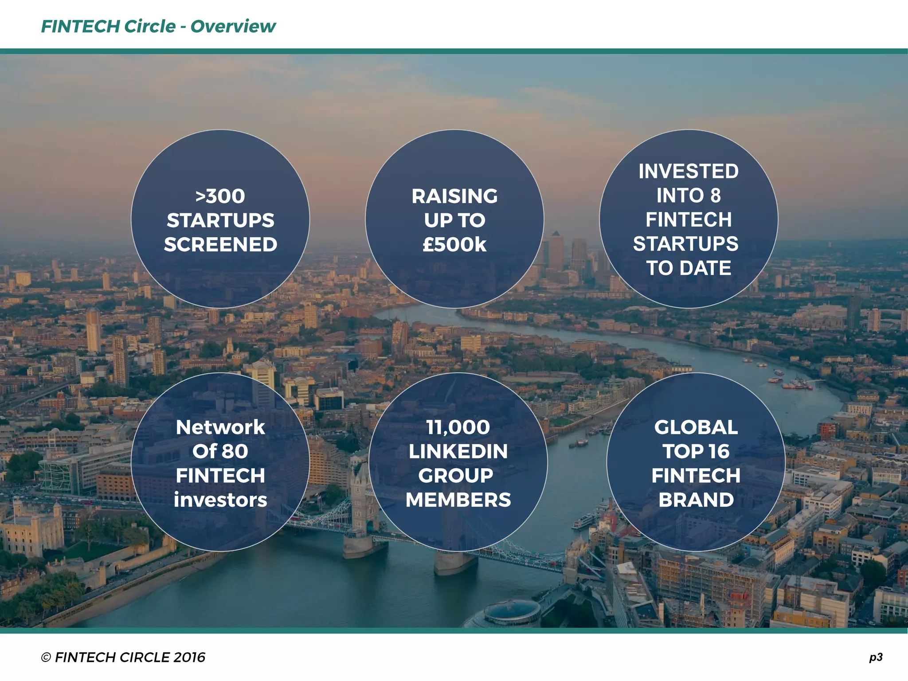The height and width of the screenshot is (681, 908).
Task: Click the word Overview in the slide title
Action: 233,27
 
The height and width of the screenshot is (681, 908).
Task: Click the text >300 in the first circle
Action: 220,196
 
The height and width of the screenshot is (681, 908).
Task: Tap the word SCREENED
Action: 220,245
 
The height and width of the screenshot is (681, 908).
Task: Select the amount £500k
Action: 454,245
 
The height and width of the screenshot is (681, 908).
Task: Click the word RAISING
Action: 454,196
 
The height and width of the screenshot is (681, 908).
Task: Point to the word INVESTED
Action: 688,172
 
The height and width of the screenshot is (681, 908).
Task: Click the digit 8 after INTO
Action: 715,196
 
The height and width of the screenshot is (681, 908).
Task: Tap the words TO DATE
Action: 688,268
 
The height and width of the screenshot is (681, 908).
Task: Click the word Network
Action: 220,427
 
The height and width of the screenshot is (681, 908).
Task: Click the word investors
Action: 220,500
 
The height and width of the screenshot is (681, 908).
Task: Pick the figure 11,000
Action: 458,427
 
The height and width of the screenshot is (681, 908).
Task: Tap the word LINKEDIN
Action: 458,452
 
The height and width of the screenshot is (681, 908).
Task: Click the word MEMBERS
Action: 458,500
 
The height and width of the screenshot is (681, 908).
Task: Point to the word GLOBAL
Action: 696,427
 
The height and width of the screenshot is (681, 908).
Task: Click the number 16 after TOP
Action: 719,452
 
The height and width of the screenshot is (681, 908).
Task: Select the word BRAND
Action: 696,500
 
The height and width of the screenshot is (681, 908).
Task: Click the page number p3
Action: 876,657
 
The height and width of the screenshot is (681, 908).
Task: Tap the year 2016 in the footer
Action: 189,658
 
